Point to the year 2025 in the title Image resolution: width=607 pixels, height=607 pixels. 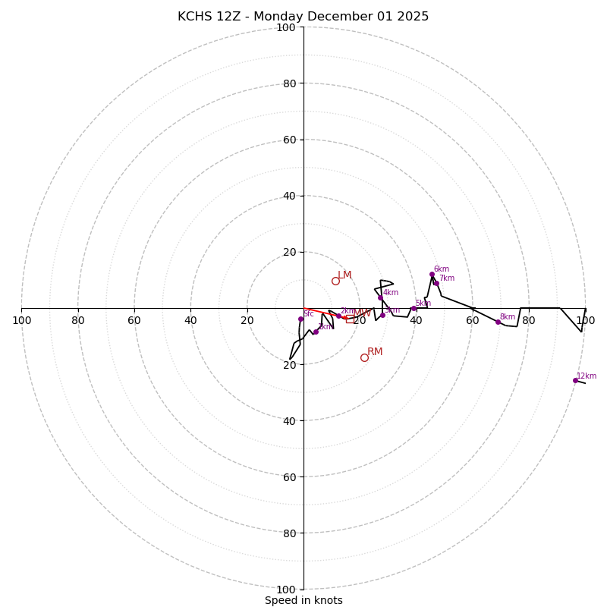pos(412,17)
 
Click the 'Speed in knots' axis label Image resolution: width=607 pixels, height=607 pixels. pos(303,600)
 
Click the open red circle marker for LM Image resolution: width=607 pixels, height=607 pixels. pos(335,281)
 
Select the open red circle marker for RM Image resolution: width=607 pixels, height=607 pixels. pos(364,357)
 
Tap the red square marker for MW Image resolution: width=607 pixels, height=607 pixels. pos(349,319)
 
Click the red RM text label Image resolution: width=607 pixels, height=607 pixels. pos(375,352)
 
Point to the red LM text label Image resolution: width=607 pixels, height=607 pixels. pos(344,275)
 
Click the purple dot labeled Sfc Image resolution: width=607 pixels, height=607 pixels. pos(300,319)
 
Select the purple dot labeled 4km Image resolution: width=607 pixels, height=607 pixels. pos(380,297)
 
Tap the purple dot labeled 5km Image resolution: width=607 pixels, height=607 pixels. pos(414,308)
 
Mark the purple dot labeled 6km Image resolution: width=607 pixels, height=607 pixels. pos(432,274)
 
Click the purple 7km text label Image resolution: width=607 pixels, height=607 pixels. pos(447,278)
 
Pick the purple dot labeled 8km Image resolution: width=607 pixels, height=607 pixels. pos(498,322)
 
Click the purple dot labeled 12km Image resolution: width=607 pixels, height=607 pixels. pos(575,380)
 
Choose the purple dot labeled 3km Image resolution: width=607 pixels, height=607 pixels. pos(382,315)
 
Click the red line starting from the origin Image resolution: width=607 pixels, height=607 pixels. pos(322,313)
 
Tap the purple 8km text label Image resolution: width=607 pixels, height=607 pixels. pos(508,317)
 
